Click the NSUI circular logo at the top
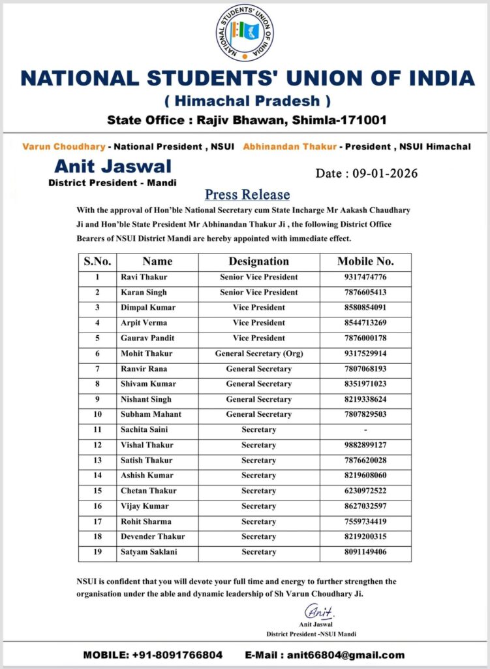(245, 32)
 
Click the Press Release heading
(247, 195)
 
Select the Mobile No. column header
(365, 261)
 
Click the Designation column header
(258, 261)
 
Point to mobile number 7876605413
(365, 292)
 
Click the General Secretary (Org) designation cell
(258, 353)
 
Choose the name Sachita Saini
(144, 430)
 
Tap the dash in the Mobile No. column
(365, 430)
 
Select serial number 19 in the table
(97, 552)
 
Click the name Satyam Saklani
(148, 552)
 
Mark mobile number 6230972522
(365, 491)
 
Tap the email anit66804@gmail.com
(324, 655)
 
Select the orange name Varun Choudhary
(63, 147)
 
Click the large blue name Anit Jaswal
(113, 166)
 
